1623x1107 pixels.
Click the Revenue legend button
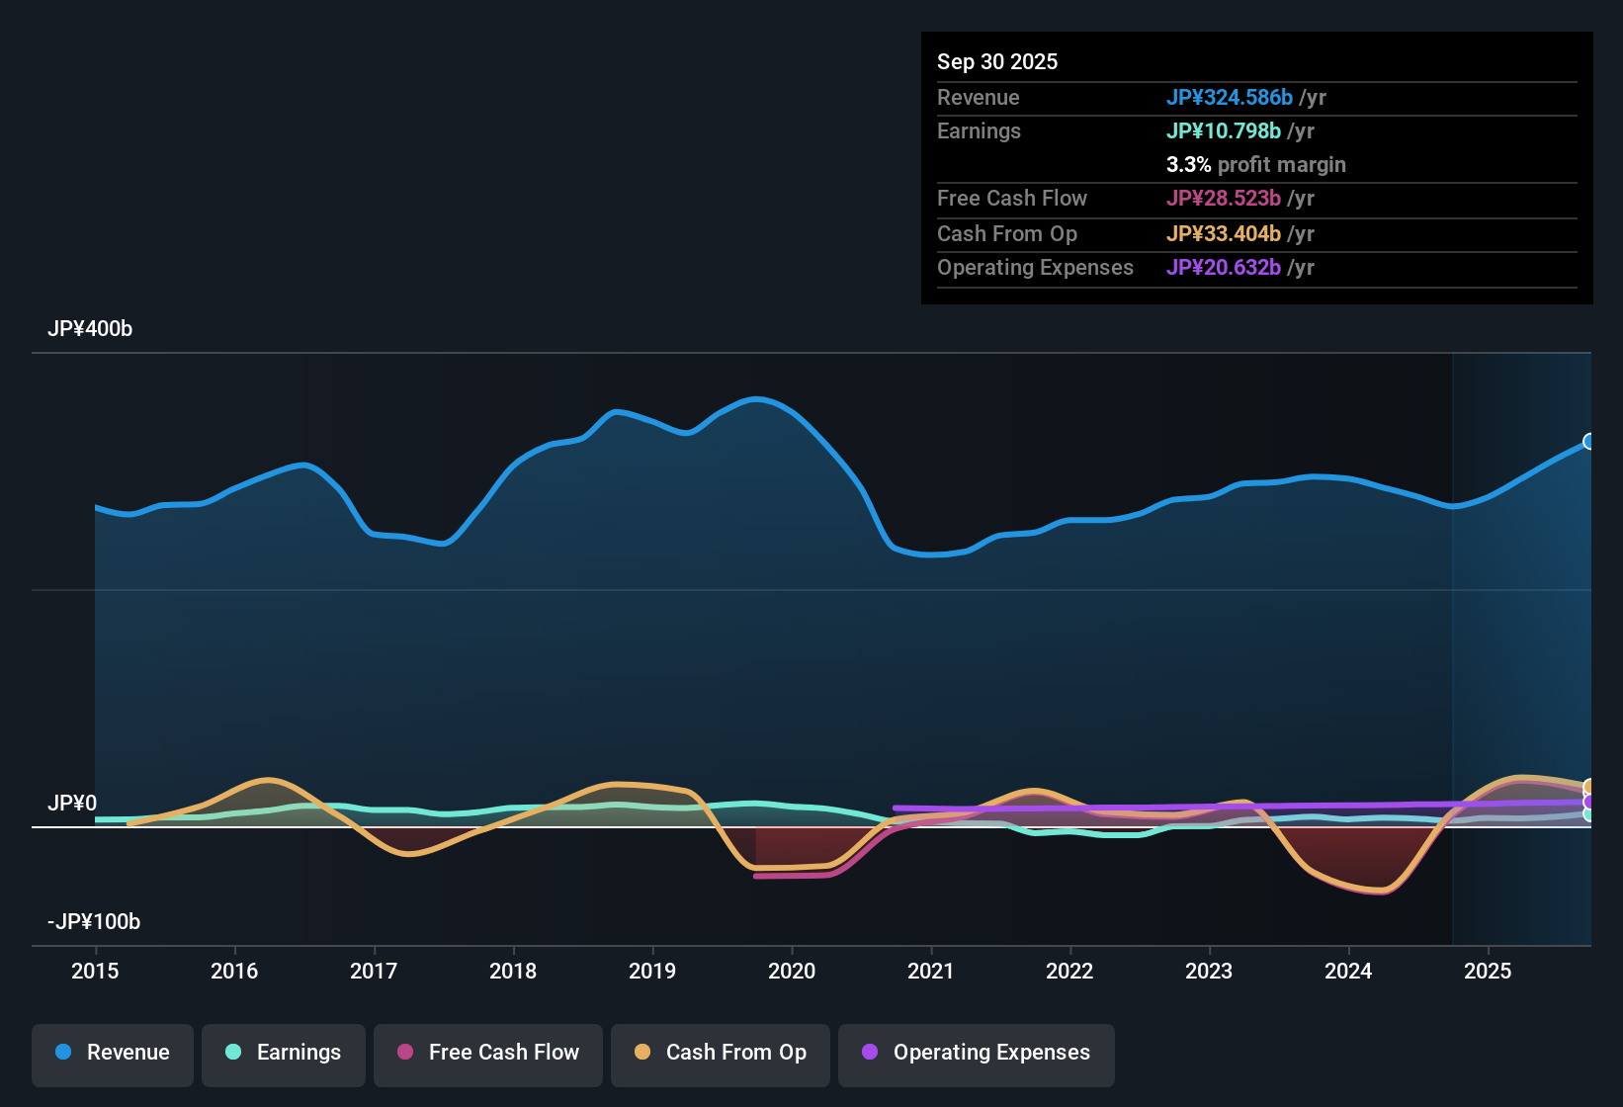pos(113,1053)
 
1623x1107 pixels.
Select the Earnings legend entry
pos(284,1053)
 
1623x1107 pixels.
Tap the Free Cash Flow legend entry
pos(488,1053)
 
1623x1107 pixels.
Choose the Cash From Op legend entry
pos(721,1053)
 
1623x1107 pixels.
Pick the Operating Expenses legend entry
pos(977,1053)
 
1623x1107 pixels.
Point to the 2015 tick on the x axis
pos(95,971)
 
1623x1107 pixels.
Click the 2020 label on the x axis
pos(792,971)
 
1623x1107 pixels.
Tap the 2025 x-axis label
pos(1488,971)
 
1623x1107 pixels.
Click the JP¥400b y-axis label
pos(90,329)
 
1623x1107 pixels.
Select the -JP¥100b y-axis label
pos(94,922)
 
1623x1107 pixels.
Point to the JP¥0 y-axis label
pos(72,804)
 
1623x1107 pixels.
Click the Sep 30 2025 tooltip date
pos(997,61)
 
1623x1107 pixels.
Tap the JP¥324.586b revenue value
pos(1229,97)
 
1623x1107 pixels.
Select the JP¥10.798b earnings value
pos(1223,130)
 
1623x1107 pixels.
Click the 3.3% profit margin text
pos(1255,164)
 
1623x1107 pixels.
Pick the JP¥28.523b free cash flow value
pos(1223,198)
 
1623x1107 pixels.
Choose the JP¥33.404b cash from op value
pos(1223,233)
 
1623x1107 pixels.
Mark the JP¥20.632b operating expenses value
pos(1223,267)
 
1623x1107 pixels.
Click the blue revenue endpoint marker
pos(1589,441)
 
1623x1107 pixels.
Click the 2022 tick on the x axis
pos(1069,971)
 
